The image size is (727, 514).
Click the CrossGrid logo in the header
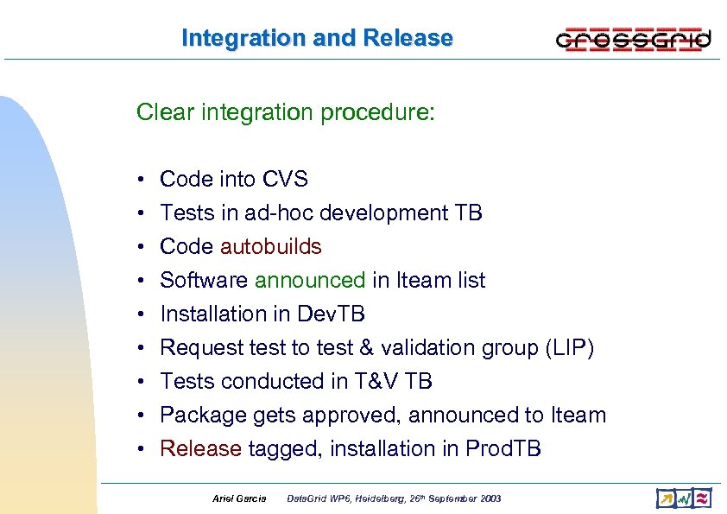pos(633,39)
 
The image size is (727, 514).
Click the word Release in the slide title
pos(408,38)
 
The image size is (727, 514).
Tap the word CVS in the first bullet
pos(281,179)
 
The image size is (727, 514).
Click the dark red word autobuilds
pos(270,246)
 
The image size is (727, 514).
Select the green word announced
pos(310,280)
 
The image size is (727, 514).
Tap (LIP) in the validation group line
pos(569,347)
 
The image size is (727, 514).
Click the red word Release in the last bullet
pos(200,448)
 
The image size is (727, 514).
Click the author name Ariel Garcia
pos(239,499)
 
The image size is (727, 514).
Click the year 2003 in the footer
pos(488,499)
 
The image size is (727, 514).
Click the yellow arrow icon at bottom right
pos(665,498)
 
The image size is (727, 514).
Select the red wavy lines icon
pos(703,498)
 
